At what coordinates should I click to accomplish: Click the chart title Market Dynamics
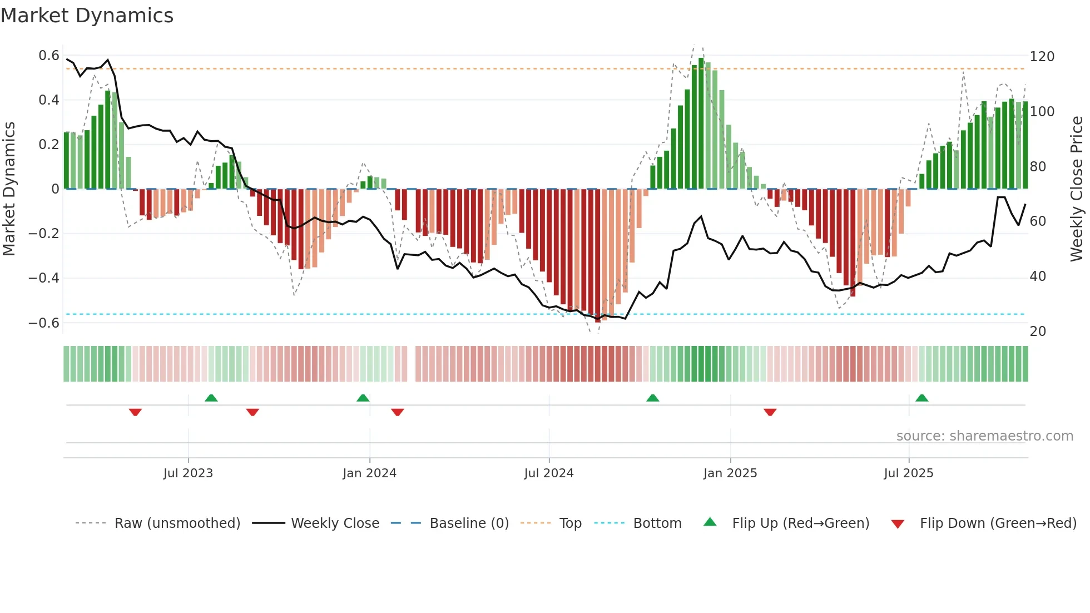pos(87,16)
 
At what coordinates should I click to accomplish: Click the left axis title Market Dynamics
pos(9,189)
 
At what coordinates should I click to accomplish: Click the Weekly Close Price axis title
pos(1077,189)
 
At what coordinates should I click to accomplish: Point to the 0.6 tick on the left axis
pos(49,56)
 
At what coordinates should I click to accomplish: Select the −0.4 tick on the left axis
pos(44,278)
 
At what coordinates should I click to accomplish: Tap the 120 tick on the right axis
pos(1042,57)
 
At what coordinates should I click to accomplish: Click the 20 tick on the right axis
pos(1038,332)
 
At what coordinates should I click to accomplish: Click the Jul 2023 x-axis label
pos(188,473)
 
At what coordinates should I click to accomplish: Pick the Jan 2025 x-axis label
pos(730,473)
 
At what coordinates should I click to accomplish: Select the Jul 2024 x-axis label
pos(548,473)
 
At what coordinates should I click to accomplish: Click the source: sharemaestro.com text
pos(984,436)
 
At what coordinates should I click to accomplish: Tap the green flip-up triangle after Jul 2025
pos(921,398)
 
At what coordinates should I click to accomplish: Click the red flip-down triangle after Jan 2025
pos(770,412)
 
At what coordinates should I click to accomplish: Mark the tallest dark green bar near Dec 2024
pos(701,122)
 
